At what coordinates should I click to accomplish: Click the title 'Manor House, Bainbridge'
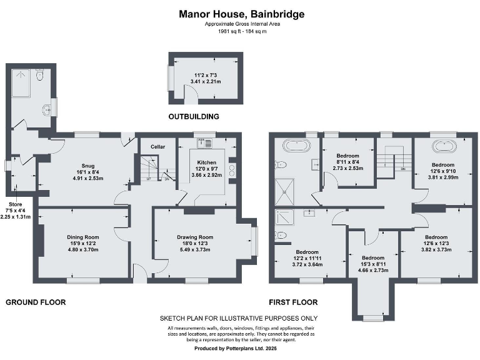[242, 13]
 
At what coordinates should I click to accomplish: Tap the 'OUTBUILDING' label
[194, 116]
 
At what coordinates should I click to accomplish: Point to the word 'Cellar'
[157, 147]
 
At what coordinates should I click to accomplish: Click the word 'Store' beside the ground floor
[14, 204]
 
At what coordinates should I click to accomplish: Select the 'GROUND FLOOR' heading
[36, 302]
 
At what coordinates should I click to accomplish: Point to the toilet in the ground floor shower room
[39, 76]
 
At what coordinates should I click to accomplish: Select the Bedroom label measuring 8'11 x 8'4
[347, 155]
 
